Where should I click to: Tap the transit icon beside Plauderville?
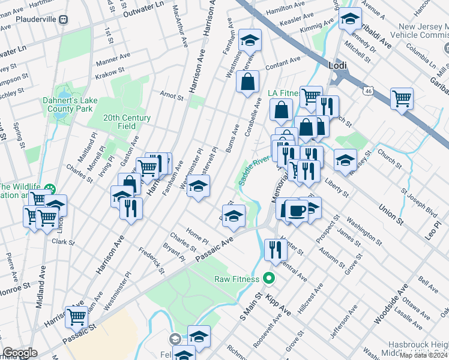(63, 19)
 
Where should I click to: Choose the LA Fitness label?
(283, 92)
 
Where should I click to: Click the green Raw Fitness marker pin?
(269, 279)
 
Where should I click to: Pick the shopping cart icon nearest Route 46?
(402, 97)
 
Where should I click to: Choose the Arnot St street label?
(171, 95)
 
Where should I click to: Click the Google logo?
(19, 353)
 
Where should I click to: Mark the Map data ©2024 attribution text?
(424, 355)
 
